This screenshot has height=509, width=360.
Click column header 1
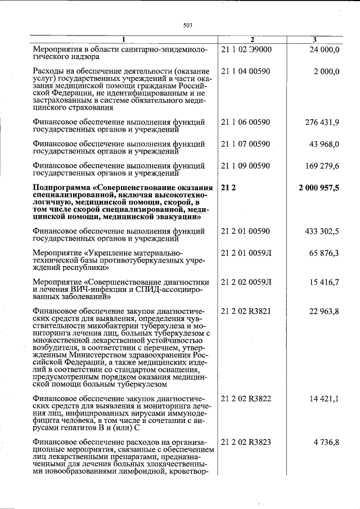[x=124, y=39]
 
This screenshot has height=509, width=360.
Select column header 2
[x=252, y=39]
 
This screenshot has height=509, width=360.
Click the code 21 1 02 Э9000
[x=246, y=49]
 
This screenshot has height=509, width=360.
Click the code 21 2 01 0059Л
[x=247, y=253]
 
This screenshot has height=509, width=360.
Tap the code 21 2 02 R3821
[x=247, y=311]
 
